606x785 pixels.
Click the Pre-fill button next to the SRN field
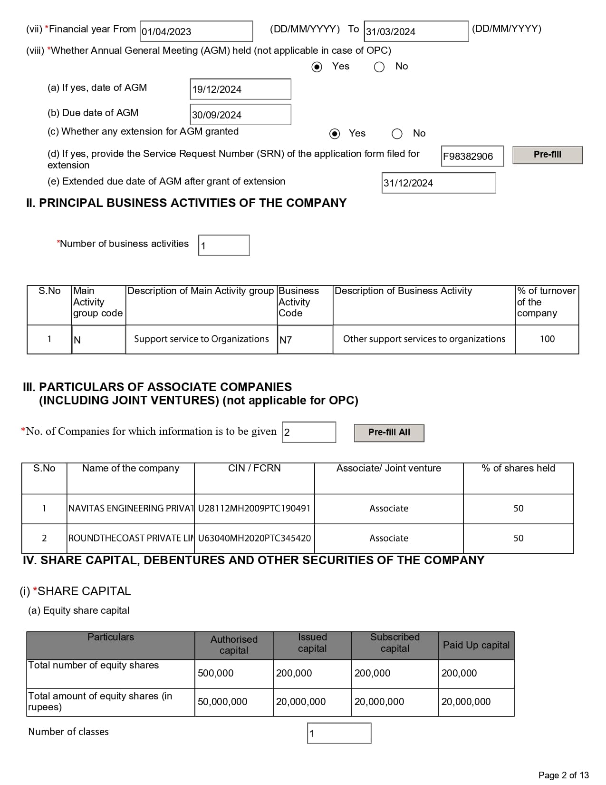point(547,155)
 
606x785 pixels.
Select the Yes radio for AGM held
point(317,67)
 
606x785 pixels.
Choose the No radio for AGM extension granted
point(397,134)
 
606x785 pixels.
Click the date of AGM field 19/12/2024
point(240,89)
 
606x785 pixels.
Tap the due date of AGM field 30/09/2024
point(240,115)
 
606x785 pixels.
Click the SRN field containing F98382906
point(472,157)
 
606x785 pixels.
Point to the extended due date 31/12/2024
point(438,183)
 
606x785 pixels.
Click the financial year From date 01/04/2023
point(196,31)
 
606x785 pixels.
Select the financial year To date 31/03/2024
point(416,31)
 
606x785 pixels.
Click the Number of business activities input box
point(224,245)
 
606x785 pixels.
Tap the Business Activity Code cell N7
point(305,340)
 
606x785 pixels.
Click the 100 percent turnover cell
point(547,339)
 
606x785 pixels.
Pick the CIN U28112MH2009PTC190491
point(254,509)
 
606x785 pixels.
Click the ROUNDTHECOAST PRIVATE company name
point(131,539)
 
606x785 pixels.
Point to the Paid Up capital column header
point(476,645)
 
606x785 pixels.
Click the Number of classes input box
point(339,733)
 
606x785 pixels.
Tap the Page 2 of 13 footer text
point(563,775)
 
